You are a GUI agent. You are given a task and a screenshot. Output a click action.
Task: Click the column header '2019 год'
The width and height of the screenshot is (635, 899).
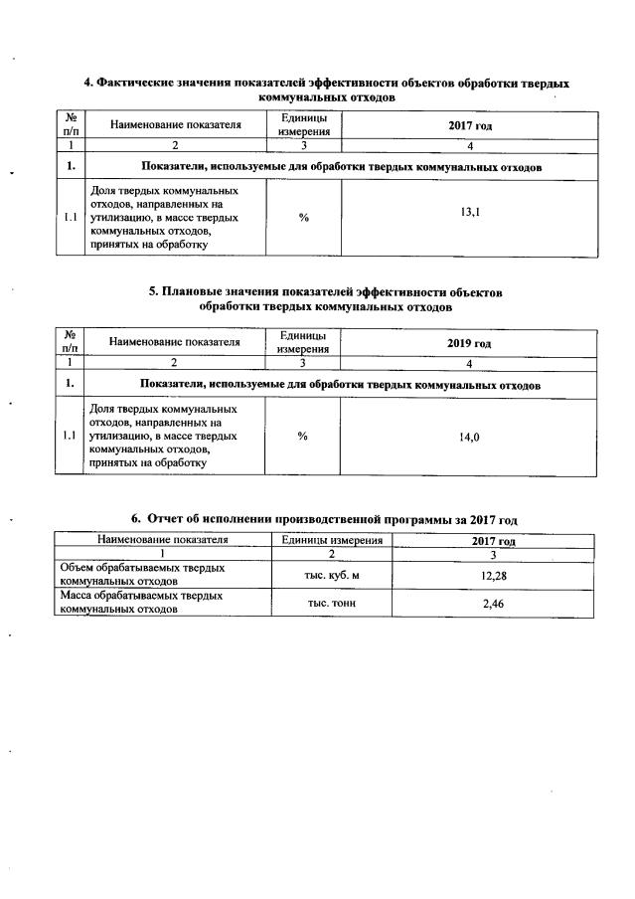pos(469,343)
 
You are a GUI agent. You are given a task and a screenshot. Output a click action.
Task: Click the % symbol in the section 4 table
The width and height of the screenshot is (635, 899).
pos(302,219)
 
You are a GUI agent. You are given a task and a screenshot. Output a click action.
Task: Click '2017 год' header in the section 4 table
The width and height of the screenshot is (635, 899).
pos(471,125)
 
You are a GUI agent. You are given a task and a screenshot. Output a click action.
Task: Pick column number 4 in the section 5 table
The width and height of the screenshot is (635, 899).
pos(469,363)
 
